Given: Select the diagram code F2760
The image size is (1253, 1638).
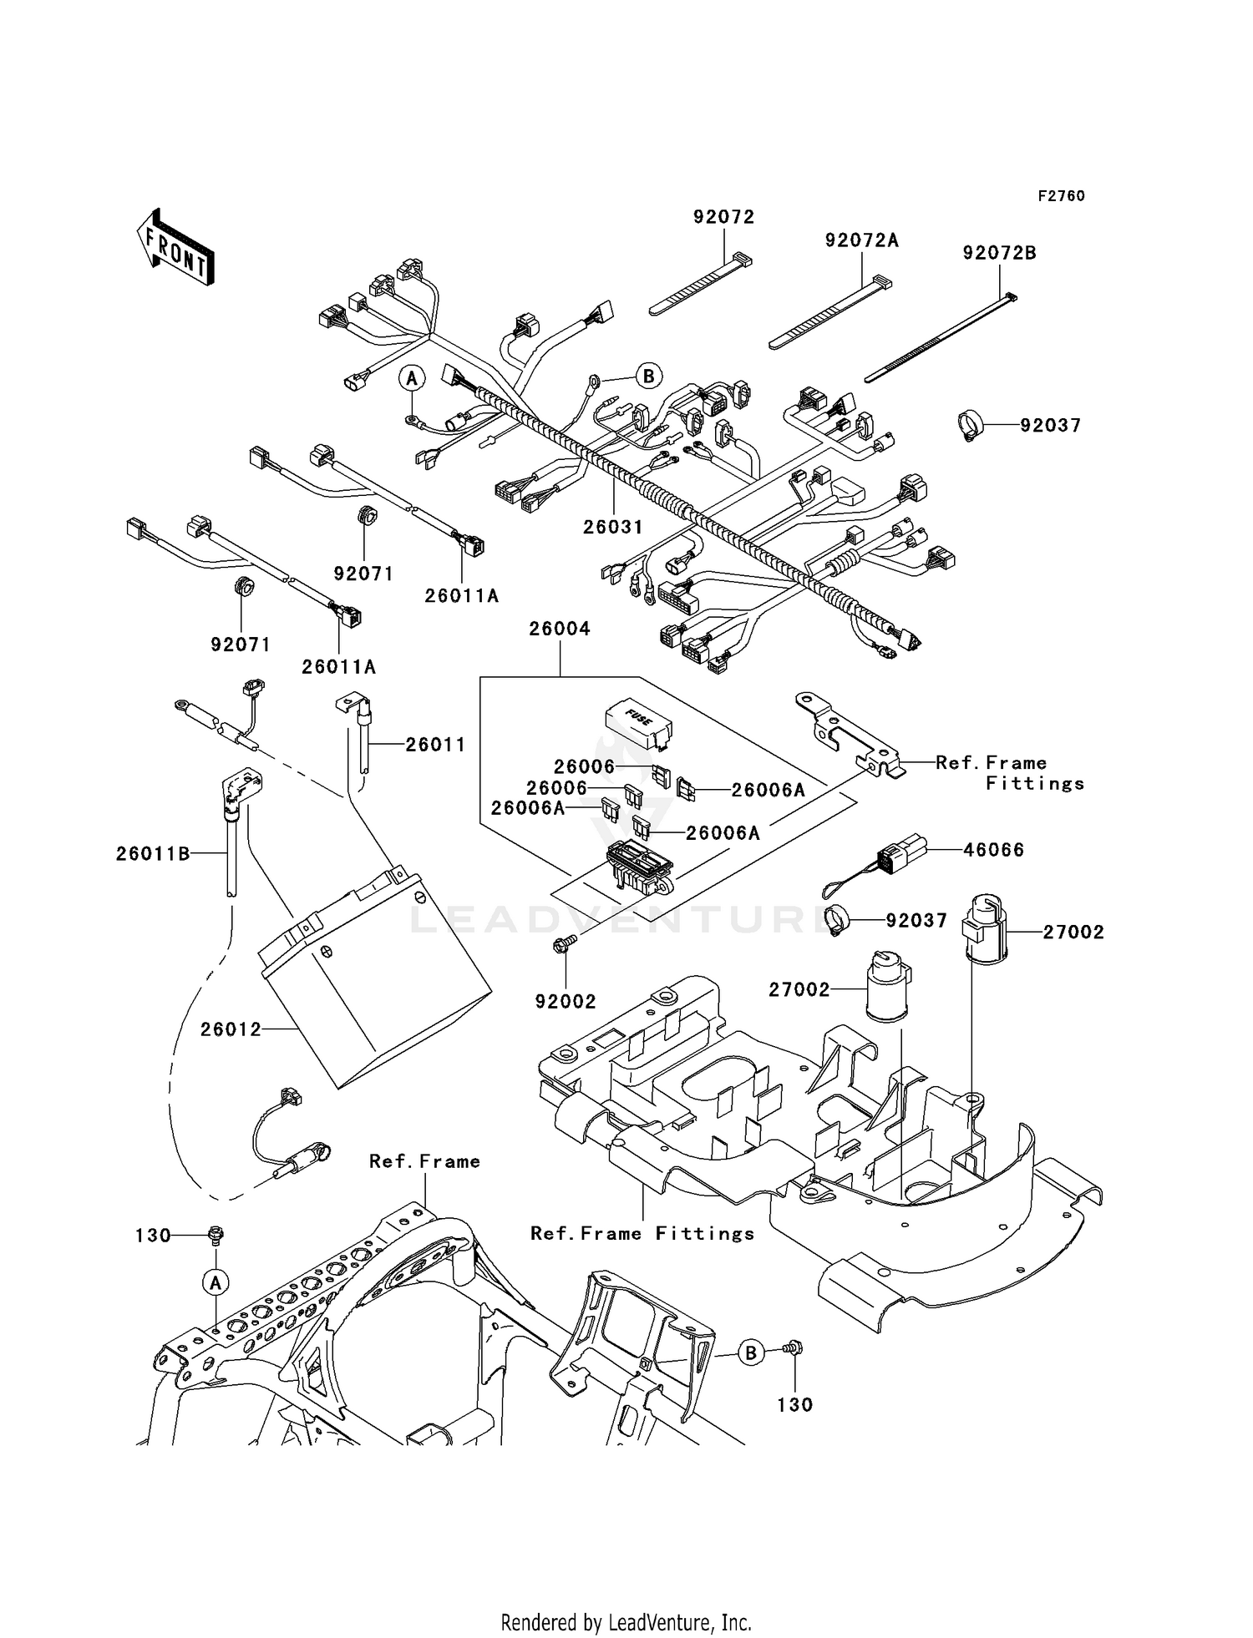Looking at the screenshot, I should pos(1061,196).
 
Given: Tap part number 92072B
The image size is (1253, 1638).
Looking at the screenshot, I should pos(999,253).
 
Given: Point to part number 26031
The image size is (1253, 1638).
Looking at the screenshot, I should pos(613,527).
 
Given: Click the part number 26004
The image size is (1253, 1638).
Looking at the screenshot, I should pos(559,629).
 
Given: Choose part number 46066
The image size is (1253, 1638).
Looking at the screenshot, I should pos(993,850).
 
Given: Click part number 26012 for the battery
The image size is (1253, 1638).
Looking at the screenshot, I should pos(231,1029).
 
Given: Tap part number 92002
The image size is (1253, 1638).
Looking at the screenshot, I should pos(566,1002).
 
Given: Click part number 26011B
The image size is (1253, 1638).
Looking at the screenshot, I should pos(153,853).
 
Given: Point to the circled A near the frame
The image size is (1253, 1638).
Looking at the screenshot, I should pos(215,1282).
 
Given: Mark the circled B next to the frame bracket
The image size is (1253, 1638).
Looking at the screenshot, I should pos(750,1352).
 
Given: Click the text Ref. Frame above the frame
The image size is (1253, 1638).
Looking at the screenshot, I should pos(424,1161).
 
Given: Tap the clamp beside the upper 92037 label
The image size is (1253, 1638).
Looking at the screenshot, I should pos(970,426).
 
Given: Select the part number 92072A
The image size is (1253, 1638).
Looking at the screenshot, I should pos(861,240).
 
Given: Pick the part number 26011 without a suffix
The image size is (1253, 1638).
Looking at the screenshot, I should pos(435,744).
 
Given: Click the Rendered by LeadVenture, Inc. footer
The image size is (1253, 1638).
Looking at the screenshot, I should pos(626,1622).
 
